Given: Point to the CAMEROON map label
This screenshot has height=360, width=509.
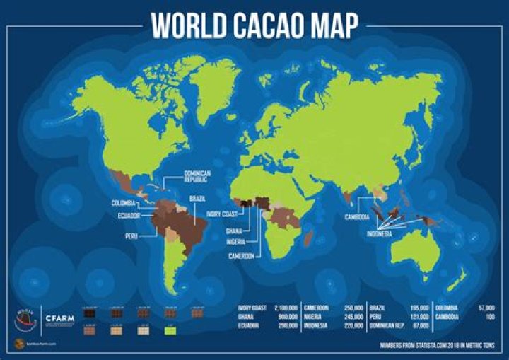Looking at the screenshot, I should (x=240, y=256).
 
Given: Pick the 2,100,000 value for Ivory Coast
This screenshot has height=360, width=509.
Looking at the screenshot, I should (x=283, y=308).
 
